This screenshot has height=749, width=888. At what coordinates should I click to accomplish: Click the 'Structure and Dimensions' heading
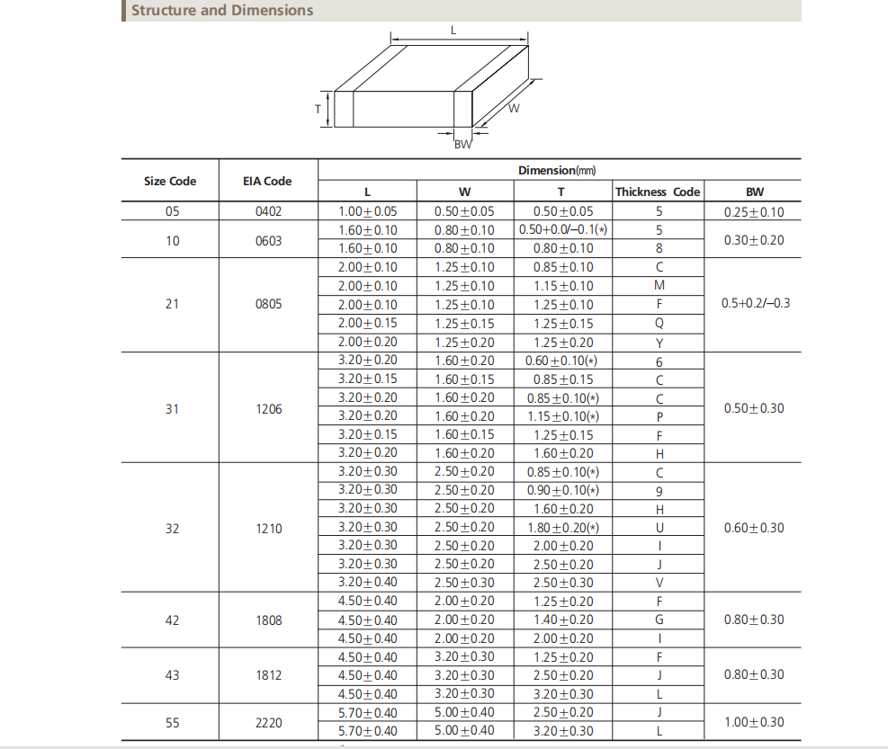click(222, 11)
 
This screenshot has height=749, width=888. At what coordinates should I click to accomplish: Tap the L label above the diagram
click(453, 30)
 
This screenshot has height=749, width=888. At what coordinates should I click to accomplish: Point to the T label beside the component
click(318, 109)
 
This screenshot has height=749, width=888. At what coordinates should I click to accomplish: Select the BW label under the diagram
click(462, 146)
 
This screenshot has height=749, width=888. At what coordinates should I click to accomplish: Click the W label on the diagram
click(514, 109)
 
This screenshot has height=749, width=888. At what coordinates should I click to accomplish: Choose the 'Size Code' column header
click(170, 181)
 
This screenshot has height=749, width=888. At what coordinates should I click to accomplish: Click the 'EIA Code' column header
click(268, 181)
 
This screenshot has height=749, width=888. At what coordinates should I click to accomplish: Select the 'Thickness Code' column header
click(658, 192)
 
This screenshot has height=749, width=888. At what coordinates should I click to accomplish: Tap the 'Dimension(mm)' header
click(558, 170)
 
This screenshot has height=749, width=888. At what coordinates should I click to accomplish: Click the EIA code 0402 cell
click(268, 212)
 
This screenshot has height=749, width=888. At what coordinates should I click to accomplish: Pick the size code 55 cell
click(172, 722)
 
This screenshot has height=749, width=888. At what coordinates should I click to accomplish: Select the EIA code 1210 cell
click(268, 529)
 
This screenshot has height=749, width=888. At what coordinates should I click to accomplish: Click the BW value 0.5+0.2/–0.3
click(756, 304)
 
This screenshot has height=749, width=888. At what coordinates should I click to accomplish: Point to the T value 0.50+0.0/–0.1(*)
click(562, 229)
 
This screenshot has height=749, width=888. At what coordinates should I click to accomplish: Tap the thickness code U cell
click(659, 528)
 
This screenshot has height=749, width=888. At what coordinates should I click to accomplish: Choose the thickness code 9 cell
click(659, 491)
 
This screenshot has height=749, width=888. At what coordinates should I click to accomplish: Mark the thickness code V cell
click(659, 583)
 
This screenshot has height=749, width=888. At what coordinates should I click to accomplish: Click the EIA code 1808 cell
click(268, 620)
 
